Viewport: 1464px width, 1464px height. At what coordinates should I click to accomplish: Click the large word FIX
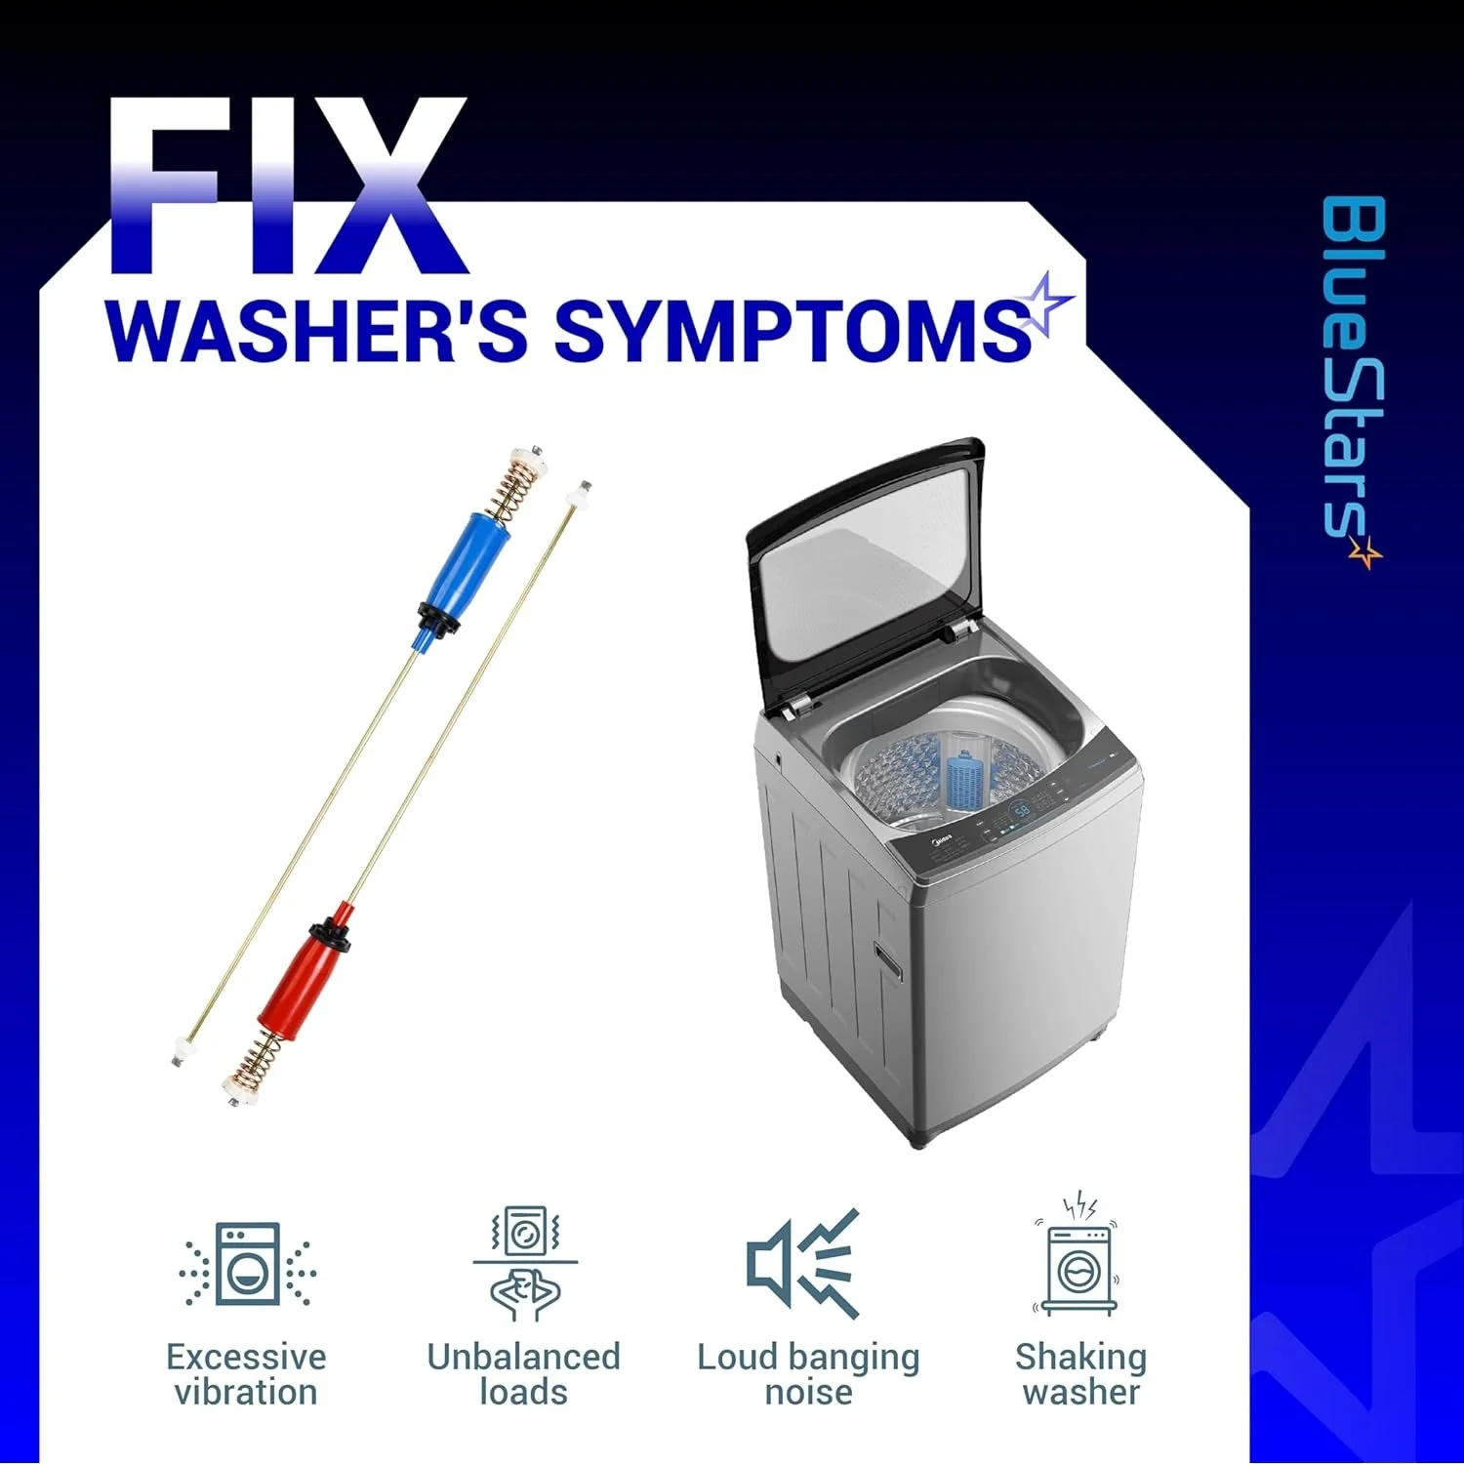(x=286, y=185)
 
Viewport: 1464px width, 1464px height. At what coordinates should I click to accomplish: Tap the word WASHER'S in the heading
(x=317, y=330)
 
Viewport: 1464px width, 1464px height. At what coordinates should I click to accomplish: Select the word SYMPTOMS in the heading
(x=793, y=330)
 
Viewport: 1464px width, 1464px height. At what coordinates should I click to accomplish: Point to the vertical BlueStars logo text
(x=1354, y=381)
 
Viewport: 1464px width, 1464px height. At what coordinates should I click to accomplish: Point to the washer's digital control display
(x=1021, y=809)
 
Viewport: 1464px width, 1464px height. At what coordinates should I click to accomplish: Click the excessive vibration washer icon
(x=247, y=1265)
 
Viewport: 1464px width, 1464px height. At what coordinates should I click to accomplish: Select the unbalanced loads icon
(x=524, y=1265)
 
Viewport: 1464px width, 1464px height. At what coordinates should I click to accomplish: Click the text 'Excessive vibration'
(x=246, y=1374)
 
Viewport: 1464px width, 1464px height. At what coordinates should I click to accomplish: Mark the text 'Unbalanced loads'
(x=523, y=1374)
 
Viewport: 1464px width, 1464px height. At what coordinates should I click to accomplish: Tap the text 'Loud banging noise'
(x=808, y=1374)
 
